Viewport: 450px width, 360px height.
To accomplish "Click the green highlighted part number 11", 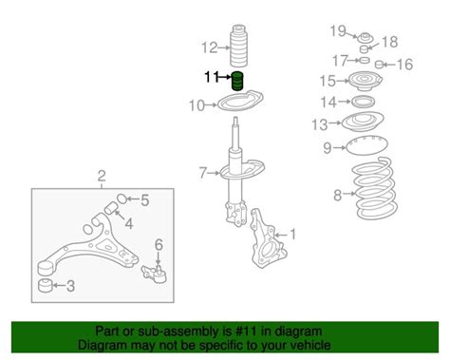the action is tap(238, 81).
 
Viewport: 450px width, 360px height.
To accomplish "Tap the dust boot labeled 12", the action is tap(238, 47).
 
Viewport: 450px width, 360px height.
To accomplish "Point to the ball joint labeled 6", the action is tap(155, 274).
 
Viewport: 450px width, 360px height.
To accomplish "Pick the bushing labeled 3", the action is tap(46, 286).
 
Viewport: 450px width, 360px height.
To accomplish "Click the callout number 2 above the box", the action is tap(102, 176).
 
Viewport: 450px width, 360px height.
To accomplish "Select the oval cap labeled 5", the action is tap(122, 199).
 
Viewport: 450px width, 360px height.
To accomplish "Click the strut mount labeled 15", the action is tap(366, 82).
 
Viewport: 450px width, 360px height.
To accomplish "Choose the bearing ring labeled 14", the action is tap(364, 102).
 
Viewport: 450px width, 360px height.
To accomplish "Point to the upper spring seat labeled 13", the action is tap(363, 122).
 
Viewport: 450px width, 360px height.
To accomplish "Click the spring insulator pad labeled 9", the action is tap(367, 145).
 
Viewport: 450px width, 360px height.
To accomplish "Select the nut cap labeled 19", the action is tap(366, 37).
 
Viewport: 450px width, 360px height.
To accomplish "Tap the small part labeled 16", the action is tap(379, 65).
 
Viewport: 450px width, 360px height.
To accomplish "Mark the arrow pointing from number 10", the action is tap(211, 104).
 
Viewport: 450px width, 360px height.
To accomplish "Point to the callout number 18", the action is tap(389, 42).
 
